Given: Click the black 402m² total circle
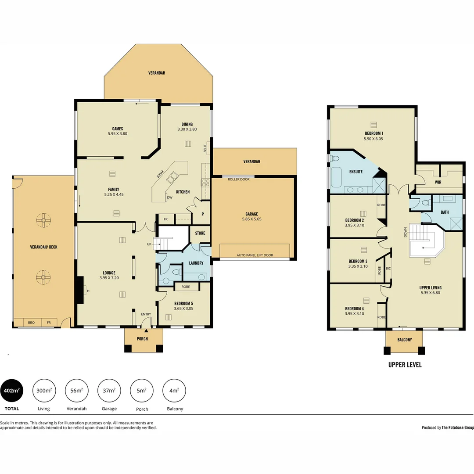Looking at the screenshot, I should pos(11,390).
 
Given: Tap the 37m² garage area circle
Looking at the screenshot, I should pos(109,390).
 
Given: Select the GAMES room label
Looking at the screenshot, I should pos(117,129).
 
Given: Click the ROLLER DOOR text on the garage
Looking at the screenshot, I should pos(239,179).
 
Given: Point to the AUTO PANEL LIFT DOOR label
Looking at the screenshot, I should pos(255,255).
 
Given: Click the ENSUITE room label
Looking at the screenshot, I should pos(356,172).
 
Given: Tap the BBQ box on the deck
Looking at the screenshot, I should pos(31,323).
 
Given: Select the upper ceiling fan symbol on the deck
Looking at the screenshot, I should pos(43,220).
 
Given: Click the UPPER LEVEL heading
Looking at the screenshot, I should pos(405,365).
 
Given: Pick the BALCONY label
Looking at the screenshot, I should pos(404,340).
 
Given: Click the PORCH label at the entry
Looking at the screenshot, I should pos(142,339).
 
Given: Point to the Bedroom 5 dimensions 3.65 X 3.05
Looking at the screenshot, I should pos(183,309).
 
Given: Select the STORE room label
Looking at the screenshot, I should pos(200,233).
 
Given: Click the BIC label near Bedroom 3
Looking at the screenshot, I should pos(388,268).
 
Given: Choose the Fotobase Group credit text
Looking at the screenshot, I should pos(447,427).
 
